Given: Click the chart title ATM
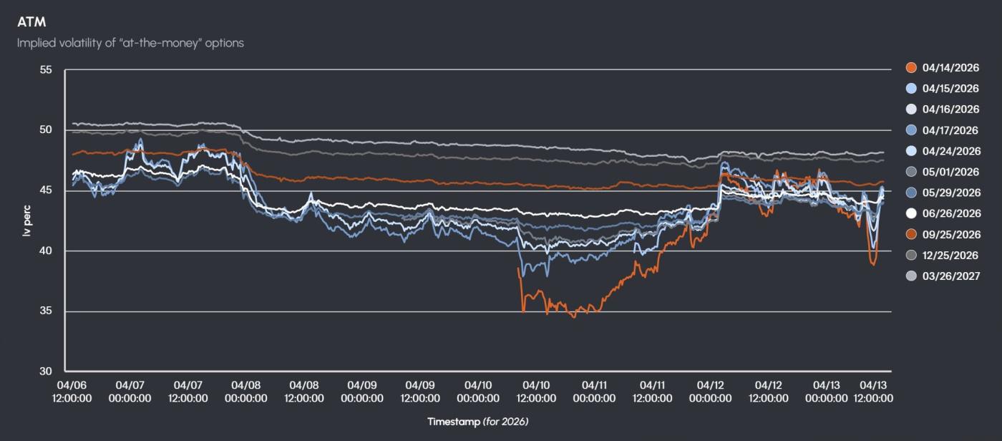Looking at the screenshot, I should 31,22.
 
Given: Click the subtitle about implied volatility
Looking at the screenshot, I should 130,43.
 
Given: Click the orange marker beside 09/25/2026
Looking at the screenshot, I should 911,234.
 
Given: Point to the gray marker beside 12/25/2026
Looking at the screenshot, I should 911,255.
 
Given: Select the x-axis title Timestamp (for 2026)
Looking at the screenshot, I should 478,422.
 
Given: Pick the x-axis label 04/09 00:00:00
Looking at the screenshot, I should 361,392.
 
